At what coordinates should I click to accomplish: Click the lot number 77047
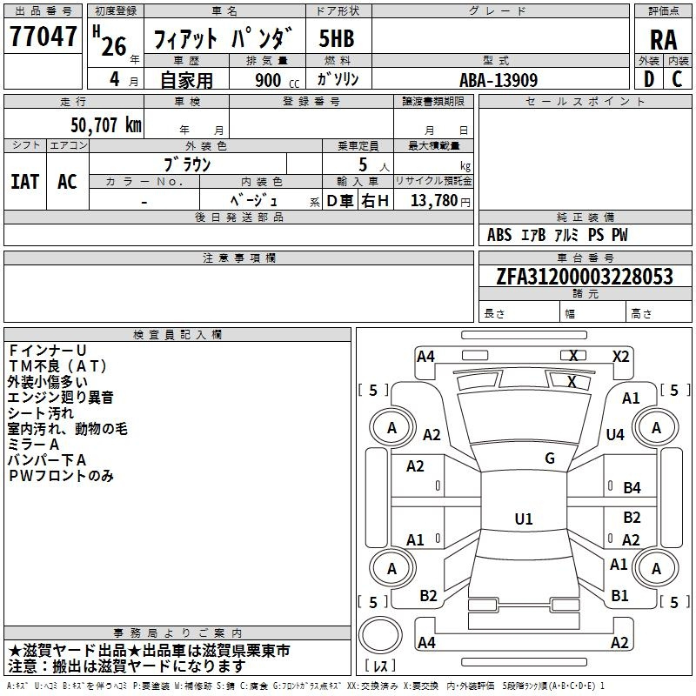pyautogui.click(x=43, y=36)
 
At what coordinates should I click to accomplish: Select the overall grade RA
pyautogui.click(x=663, y=40)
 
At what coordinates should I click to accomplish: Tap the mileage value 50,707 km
pyautogui.click(x=106, y=125)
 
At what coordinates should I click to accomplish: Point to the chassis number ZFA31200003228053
pyautogui.click(x=585, y=276)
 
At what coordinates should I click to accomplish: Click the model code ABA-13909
pyautogui.click(x=499, y=80)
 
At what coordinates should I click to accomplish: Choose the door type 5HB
pyautogui.click(x=337, y=38)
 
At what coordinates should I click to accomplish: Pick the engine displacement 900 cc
pyautogui.click(x=277, y=80)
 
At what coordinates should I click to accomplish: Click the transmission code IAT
pyautogui.click(x=25, y=182)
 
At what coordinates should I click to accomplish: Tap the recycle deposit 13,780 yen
pyautogui.click(x=440, y=200)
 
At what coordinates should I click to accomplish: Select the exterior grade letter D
pyautogui.click(x=649, y=79)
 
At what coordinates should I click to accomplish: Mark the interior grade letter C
pyautogui.click(x=677, y=79)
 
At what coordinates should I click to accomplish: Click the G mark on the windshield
pyautogui.click(x=550, y=458)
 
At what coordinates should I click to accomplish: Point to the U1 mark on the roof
pyautogui.click(x=524, y=519)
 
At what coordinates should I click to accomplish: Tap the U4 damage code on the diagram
pyautogui.click(x=615, y=434)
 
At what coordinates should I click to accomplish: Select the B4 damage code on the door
pyautogui.click(x=632, y=488)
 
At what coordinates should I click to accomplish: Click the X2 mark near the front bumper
pyautogui.click(x=621, y=357)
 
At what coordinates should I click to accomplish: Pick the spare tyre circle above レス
pyautogui.click(x=380, y=634)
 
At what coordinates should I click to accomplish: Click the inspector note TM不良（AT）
pyautogui.click(x=57, y=366)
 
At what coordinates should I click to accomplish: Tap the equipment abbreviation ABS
pyautogui.click(x=499, y=235)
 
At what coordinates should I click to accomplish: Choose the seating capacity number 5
pyautogui.click(x=363, y=164)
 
